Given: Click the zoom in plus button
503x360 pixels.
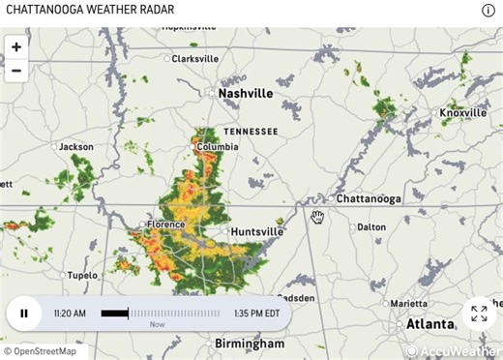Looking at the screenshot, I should coord(15,46).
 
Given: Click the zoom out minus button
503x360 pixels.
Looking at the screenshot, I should coord(15,70).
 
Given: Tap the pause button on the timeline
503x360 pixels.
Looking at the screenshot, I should coord(24,313).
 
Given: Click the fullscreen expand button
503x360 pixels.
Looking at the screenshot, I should coord(478,313).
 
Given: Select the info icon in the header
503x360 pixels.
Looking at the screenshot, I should coord(488,11).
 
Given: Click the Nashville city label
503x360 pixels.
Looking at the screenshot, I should coord(246,93).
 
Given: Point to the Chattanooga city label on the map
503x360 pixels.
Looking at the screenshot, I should coord(368,198).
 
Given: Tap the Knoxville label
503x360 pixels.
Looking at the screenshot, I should coord(462,113).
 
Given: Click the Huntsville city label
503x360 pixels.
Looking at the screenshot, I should coord(257,231).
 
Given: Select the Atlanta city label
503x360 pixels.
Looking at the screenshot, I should coord(430,323).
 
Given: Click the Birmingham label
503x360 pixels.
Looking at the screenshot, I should coord(250,344).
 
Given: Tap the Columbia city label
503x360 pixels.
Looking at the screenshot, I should coord(217,147).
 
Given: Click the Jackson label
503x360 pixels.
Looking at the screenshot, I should coord(76,147).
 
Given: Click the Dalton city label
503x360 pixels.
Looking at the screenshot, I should coord(370,227).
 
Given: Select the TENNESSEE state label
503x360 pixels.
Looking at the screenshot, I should coord(251,131).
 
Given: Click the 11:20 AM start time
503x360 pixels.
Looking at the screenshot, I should coord(70,313).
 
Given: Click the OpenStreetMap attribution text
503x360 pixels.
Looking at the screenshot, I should coord(44,351).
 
